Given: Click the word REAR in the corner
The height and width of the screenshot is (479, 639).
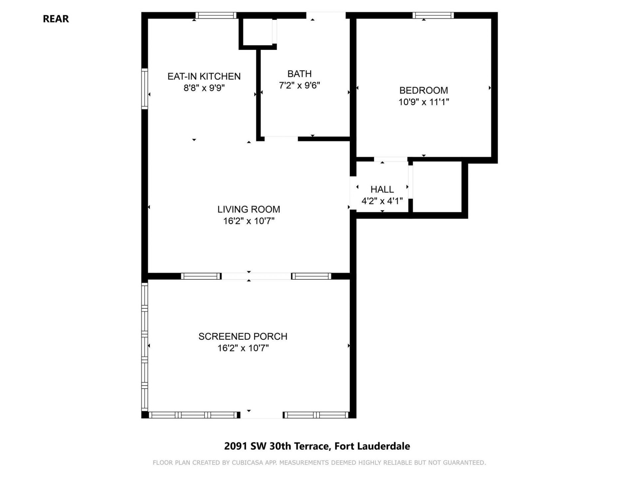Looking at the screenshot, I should coord(56,19).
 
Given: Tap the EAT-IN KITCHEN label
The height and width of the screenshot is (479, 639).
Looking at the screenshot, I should coord(204,76).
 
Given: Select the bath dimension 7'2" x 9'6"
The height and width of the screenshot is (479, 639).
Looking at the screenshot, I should coord(299,85).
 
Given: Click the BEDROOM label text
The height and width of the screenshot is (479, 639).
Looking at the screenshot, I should coord(423,90).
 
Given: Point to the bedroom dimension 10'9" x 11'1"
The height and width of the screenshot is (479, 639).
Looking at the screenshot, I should coord(423,102).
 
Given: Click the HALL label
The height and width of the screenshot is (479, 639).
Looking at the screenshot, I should coord(382,189).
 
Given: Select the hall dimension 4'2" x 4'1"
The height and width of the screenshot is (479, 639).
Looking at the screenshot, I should coord(382,201).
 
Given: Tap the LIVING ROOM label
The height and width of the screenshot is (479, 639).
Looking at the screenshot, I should coord(249,209).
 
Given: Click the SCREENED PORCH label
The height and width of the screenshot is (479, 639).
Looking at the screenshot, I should coord(243,336).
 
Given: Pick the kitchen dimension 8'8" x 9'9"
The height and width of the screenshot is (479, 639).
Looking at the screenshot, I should coord(204,88).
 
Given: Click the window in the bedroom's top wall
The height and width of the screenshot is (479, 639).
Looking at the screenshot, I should coord(433,15).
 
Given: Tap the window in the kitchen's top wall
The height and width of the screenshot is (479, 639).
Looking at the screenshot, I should coord(216,15).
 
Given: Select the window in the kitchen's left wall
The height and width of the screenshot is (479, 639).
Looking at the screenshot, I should coord(144,88).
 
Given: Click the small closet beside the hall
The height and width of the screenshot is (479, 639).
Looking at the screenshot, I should coord(437,186).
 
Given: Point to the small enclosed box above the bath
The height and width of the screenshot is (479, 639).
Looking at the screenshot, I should coord(257,32).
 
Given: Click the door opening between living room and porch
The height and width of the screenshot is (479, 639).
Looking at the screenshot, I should coord(256,276).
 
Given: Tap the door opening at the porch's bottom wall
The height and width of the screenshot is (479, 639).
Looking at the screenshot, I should coord(261,415).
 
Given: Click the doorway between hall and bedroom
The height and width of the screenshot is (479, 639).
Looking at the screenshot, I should coord(391,159).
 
